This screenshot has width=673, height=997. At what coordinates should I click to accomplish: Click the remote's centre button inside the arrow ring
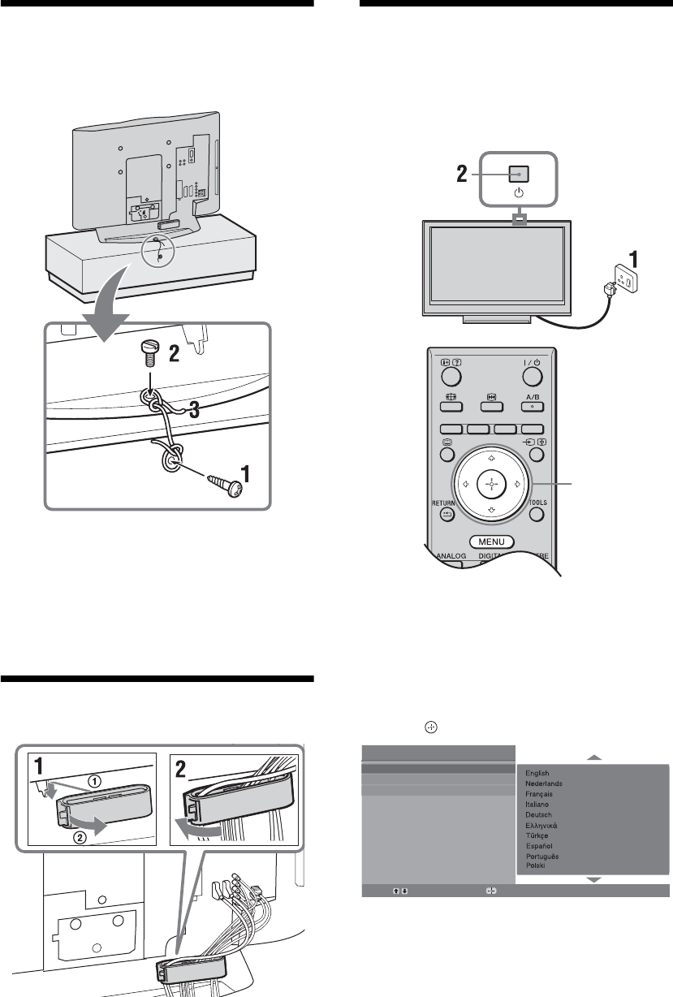coord(490,484)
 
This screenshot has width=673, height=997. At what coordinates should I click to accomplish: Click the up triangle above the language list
coord(595,757)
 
